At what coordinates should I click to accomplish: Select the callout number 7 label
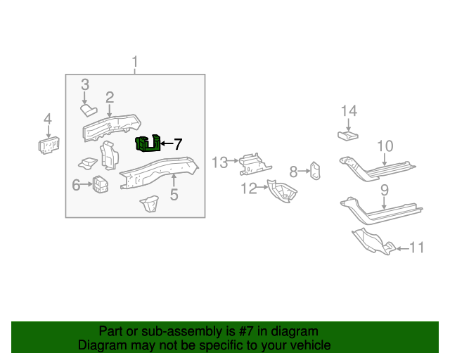178,145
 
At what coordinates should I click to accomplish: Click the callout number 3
85,85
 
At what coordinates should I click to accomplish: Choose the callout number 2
110,97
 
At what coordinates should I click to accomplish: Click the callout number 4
48,119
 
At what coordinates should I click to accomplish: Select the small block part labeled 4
48,145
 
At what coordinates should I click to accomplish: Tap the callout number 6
77,185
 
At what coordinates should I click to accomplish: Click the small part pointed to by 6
100,185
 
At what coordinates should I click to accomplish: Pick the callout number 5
174,194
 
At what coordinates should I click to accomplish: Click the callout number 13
220,162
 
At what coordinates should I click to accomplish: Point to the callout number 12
250,188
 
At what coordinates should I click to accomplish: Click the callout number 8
295,171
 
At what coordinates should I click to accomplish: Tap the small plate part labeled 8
316,171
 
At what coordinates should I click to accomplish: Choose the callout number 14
349,110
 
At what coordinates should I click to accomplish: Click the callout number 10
385,146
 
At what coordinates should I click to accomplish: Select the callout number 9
385,190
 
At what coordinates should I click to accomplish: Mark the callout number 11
417,247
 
